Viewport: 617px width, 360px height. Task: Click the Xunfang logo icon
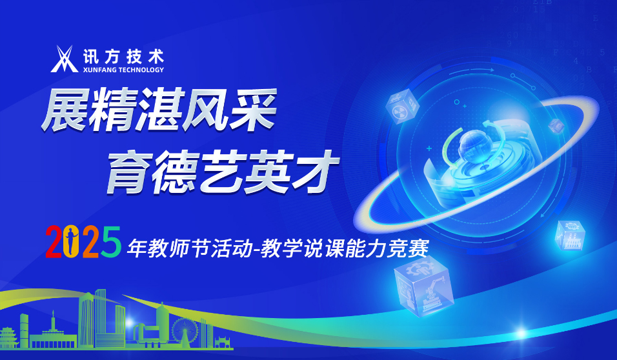[x=65, y=59]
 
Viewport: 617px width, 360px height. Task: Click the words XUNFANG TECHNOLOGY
[x=123, y=70]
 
